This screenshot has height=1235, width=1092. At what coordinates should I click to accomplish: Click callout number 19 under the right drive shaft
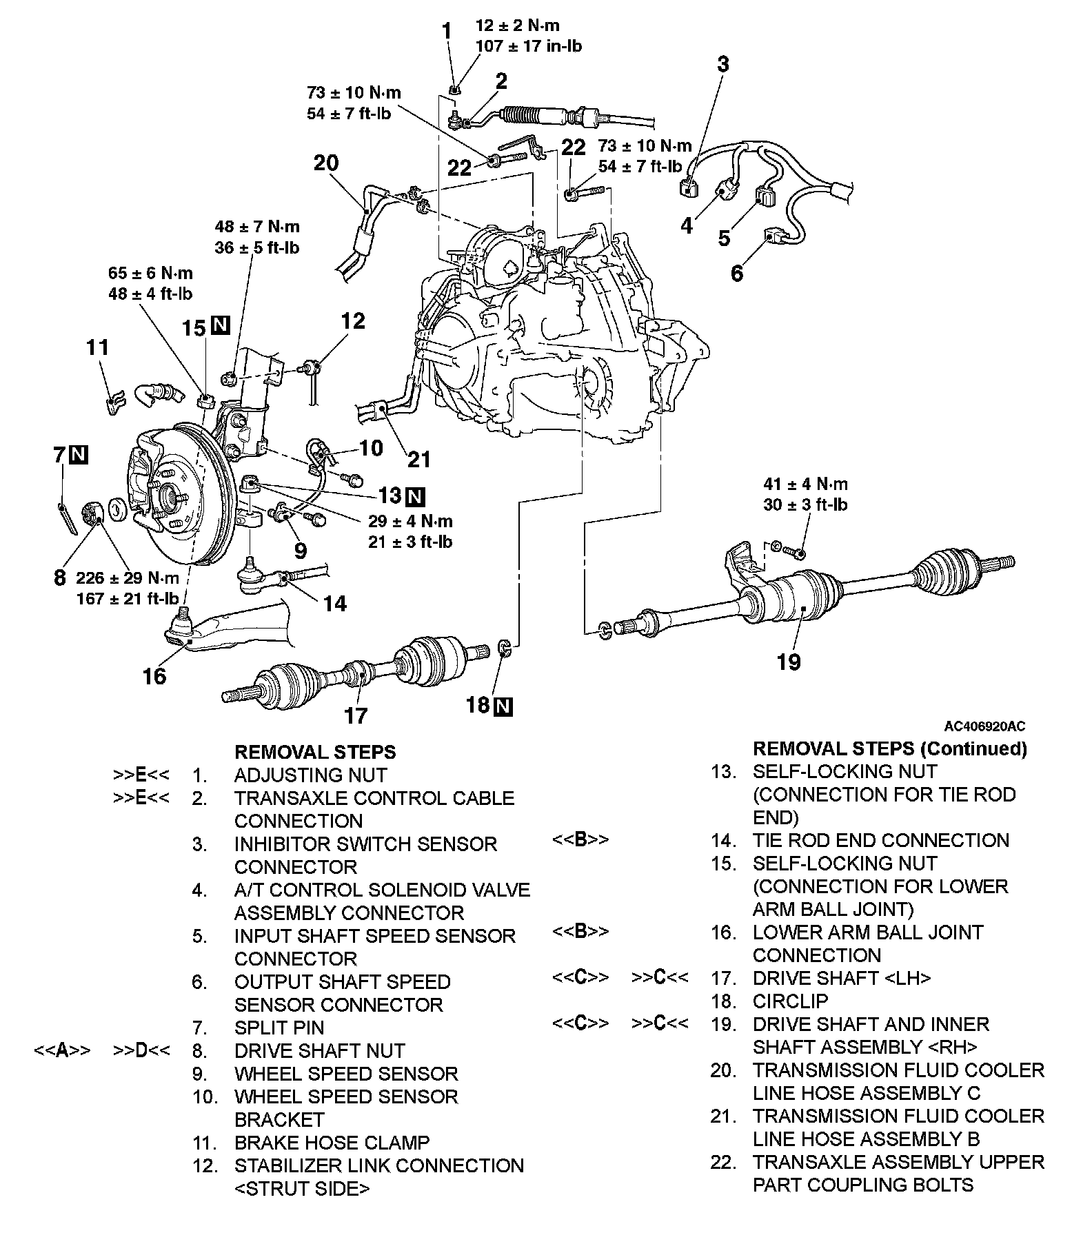click(789, 662)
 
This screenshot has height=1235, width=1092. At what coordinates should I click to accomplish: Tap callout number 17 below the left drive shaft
click(356, 715)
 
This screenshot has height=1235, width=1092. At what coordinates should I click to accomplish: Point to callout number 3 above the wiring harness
click(722, 64)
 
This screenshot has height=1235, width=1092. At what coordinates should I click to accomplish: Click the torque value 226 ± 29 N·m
click(128, 578)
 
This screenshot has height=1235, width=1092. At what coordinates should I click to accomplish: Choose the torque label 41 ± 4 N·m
click(805, 484)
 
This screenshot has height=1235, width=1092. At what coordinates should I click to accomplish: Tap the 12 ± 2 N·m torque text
click(517, 26)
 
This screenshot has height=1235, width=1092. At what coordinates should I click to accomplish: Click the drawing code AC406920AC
click(984, 726)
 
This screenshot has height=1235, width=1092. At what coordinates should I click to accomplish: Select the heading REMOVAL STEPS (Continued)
click(889, 748)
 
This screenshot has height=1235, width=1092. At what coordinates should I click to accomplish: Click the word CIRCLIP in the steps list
click(790, 1001)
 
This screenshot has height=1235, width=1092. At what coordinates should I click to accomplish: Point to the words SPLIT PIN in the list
click(279, 1028)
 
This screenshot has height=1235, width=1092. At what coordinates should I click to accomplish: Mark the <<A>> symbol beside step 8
click(63, 1051)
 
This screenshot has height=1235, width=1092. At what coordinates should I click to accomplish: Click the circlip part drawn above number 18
click(504, 648)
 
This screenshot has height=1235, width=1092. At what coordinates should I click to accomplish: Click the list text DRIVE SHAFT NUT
click(319, 1051)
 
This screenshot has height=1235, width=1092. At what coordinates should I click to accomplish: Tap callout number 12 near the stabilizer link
click(352, 321)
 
